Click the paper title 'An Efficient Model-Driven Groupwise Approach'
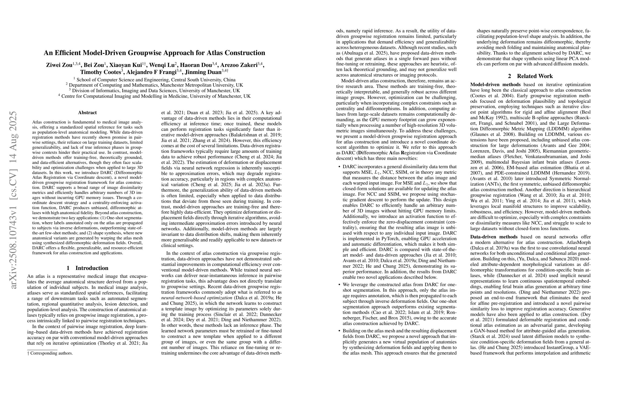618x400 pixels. pyautogui.click(x=154, y=53)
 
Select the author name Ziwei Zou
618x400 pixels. pyautogui.click(x=59, y=65)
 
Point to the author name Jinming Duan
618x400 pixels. pyautogui.click(x=203, y=72)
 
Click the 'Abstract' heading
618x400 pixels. pyautogui.click(x=87, y=112)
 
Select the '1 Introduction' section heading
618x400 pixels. pyautogui.click(x=87, y=268)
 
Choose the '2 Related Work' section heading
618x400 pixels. pyautogui.click(x=530, y=76)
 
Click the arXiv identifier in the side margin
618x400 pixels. pyautogui.click(x=13, y=200)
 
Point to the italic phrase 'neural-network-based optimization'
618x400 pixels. pyautogui.click(x=197, y=298)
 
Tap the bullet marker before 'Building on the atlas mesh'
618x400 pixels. pyautogui.click(x=339, y=331)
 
